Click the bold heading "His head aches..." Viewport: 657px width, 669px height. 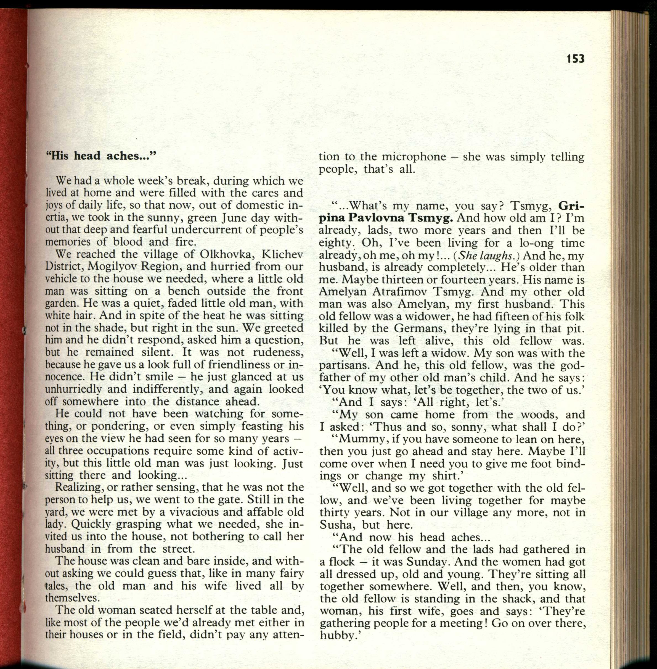tap(101, 156)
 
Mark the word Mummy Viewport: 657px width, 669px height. tap(359, 439)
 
